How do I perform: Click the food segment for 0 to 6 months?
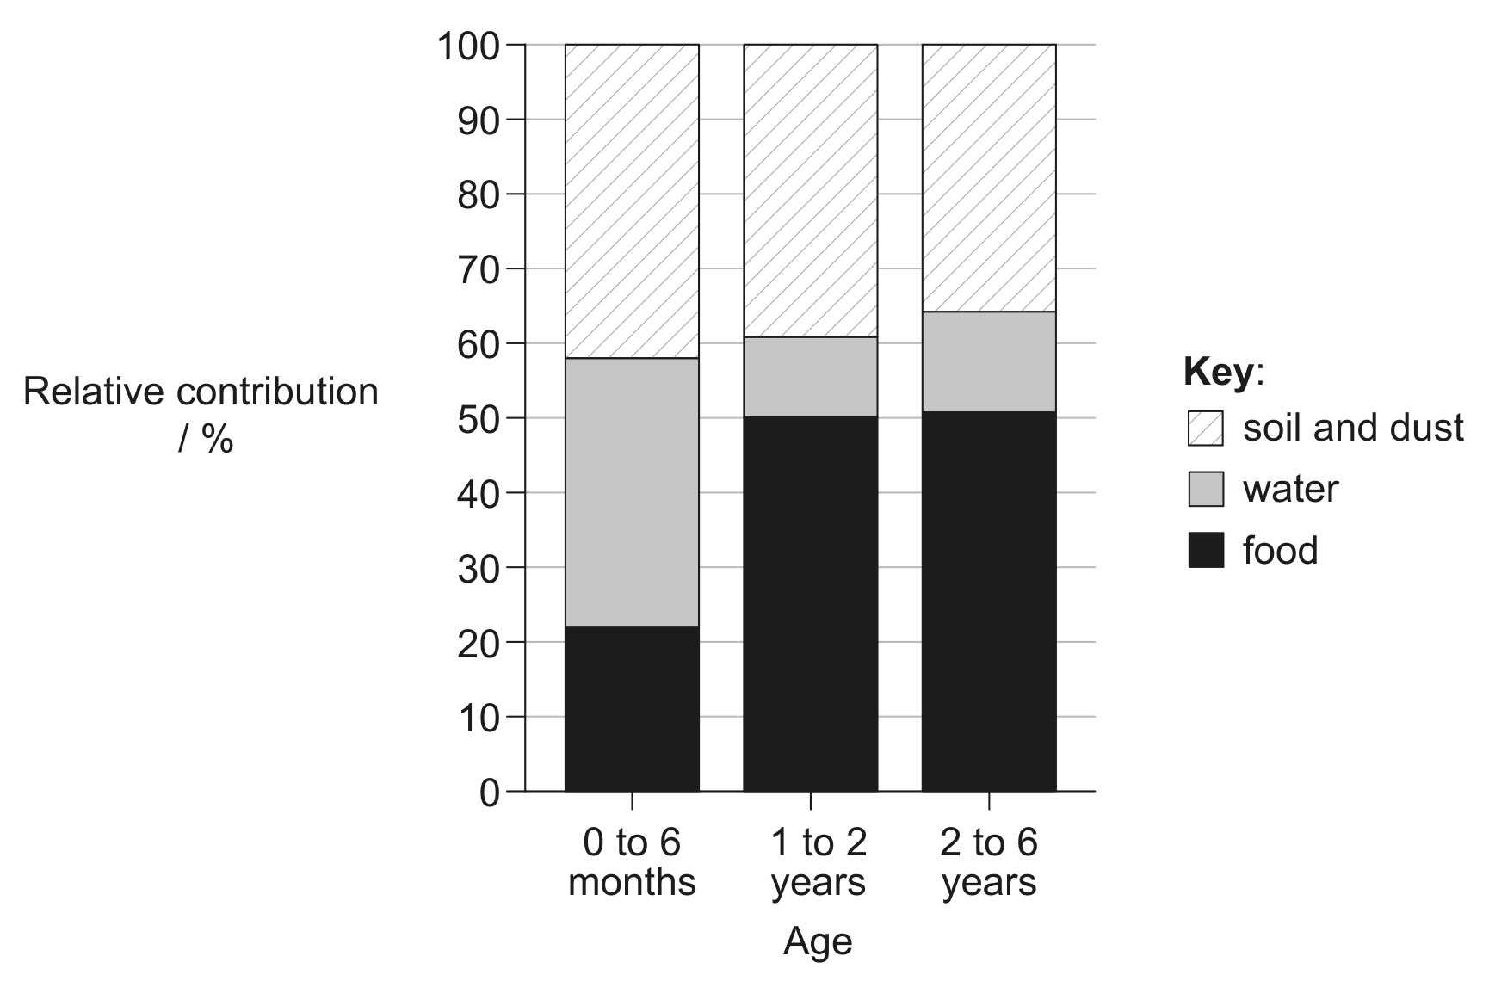632,708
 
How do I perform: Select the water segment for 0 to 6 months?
632,492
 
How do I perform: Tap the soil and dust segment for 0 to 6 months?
632,201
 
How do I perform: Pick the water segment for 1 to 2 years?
810,377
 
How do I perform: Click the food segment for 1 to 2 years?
810,604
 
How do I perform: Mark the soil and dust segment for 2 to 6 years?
989,178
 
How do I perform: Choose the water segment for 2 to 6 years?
989,361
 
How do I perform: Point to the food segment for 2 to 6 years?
989,602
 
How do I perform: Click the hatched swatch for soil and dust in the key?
1205,428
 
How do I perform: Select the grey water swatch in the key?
1205,489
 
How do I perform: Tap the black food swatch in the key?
1205,550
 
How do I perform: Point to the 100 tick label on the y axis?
469,46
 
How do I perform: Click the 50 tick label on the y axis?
479,419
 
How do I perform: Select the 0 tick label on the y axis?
489,793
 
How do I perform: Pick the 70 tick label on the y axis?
479,269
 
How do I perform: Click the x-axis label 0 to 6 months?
632,863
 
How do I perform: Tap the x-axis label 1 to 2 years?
818,863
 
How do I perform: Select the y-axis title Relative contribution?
201,392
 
